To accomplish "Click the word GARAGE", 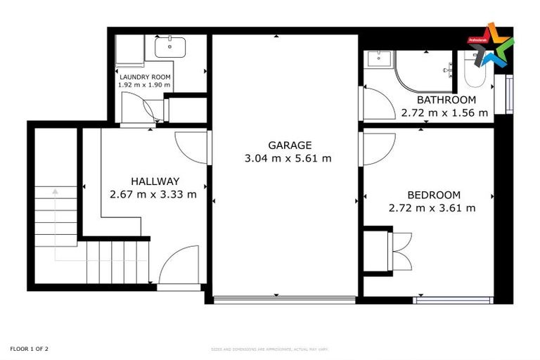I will click(x=288, y=146).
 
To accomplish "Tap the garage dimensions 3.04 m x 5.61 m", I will click(x=288, y=158).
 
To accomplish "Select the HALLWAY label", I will click(x=154, y=181).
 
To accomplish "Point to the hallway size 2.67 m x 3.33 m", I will click(x=153, y=194).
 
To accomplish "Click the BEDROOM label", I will click(x=434, y=195).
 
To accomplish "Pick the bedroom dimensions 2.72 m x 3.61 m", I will click(x=432, y=208).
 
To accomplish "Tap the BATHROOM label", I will click(x=446, y=100).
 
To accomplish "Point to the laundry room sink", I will click(x=171, y=48).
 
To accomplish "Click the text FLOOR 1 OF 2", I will click(x=29, y=349).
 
